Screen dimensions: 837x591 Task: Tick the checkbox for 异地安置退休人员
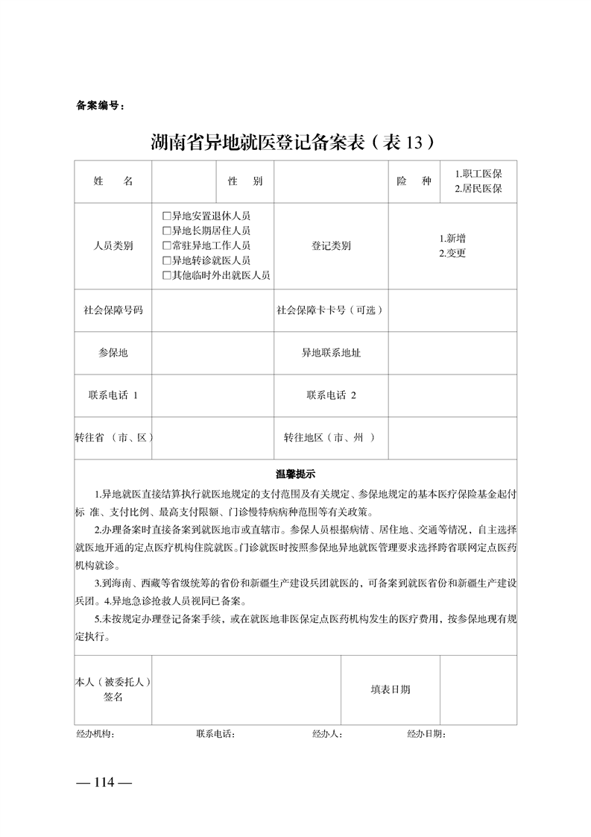pyautogui.click(x=167, y=216)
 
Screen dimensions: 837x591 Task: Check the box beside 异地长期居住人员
pyautogui.click(x=167, y=231)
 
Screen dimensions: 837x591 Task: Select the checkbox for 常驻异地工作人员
pyautogui.click(x=167, y=245)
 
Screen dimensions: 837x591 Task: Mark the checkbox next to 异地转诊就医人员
pyautogui.click(x=167, y=260)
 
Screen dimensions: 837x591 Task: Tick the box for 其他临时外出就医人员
pyautogui.click(x=167, y=275)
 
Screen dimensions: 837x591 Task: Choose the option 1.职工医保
pyautogui.click(x=478, y=174)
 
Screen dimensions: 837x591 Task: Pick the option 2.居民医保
pyautogui.click(x=478, y=189)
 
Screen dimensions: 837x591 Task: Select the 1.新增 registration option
pyautogui.click(x=452, y=239)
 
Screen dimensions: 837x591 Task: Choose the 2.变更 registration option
pyautogui.click(x=452, y=253)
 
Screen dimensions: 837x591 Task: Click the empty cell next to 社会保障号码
pyautogui.click(x=212, y=310)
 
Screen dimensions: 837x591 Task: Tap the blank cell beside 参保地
pyautogui.click(x=212, y=353)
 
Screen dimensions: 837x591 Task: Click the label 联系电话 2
pyautogui.click(x=331, y=395)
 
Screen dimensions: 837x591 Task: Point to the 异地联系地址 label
pyautogui.click(x=331, y=353)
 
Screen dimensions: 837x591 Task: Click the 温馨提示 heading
pyautogui.click(x=296, y=474)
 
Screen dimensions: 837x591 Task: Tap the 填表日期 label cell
pyautogui.click(x=391, y=689)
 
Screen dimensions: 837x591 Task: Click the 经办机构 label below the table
pyautogui.click(x=95, y=735)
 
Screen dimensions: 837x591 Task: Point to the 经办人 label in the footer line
pyautogui.click(x=327, y=735)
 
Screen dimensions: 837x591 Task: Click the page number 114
pyautogui.click(x=104, y=783)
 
